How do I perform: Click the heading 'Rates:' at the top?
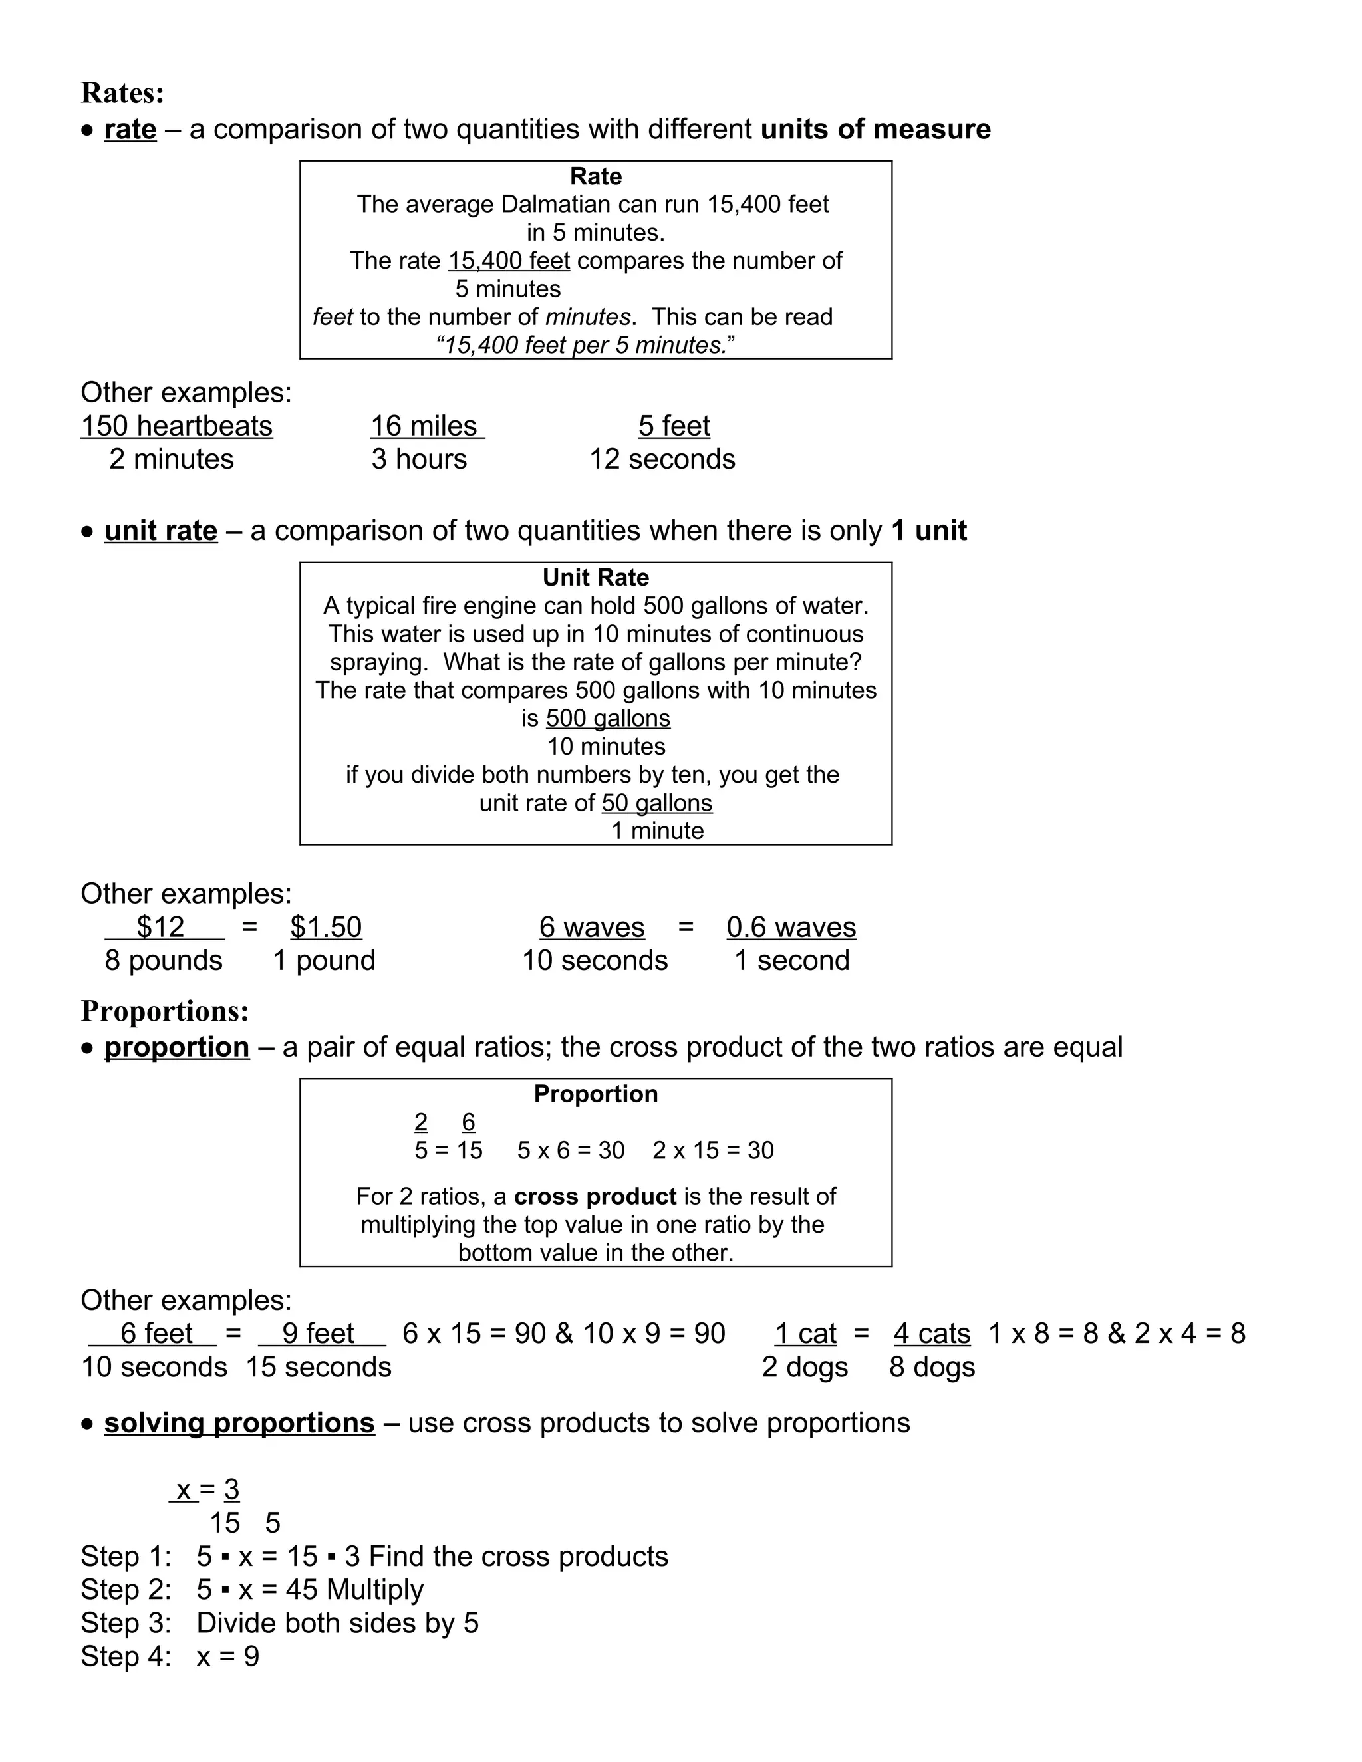tap(122, 94)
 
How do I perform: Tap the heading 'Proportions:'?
tap(165, 1011)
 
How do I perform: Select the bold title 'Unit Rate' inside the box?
tap(595, 578)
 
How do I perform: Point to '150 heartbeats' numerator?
tap(177, 426)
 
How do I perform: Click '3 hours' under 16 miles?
tap(419, 459)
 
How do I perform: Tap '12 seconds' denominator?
tap(662, 459)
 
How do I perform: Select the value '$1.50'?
tap(326, 927)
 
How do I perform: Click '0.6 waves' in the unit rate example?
tap(791, 927)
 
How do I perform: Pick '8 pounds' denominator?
tap(164, 961)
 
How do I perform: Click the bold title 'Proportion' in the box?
tap(595, 1094)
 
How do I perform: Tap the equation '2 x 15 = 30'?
tap(712, 1150)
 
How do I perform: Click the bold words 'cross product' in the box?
tap(595, 1196)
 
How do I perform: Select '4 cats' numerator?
tap(932, 1334)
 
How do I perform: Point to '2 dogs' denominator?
tap(805, 1368)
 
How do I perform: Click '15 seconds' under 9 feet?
tap(319, 1368)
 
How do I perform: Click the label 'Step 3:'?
tap(126, 1622)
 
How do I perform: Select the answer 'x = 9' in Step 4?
tap(227, 1656)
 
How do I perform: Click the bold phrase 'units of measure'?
tap(875, 130)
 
